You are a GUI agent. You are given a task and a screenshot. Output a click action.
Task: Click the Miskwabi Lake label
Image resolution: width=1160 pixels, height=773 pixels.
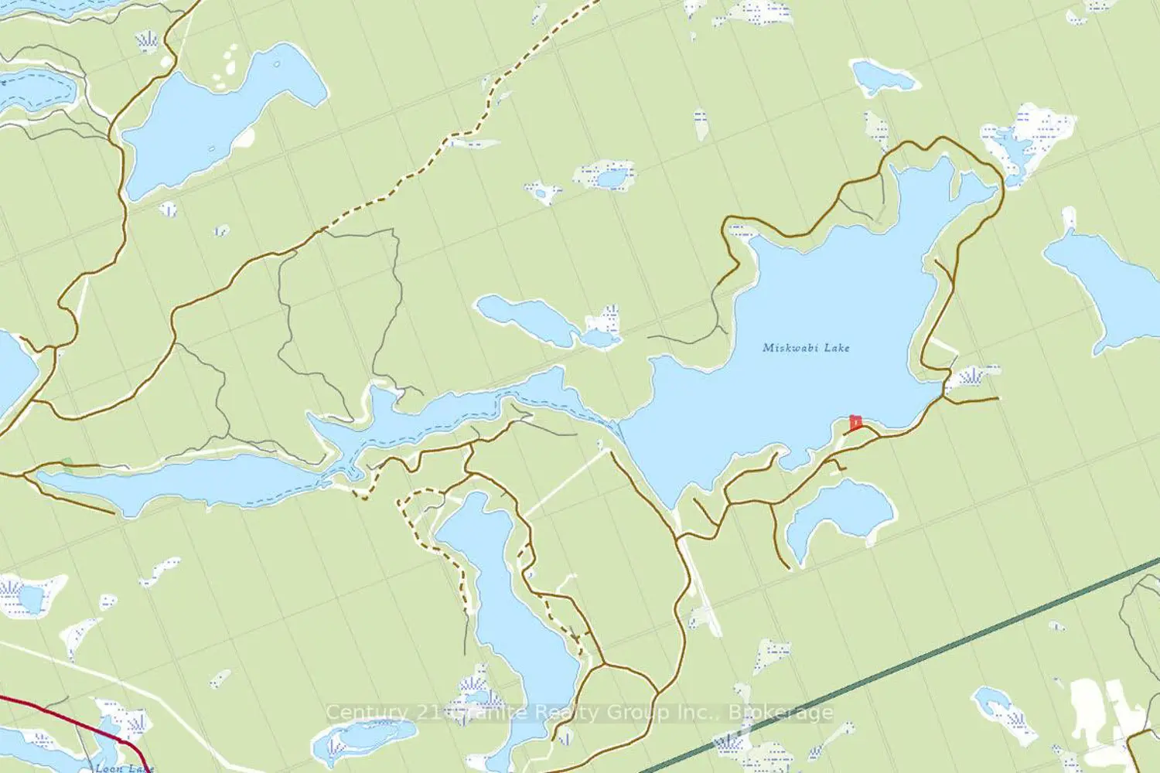[x=806, y=348]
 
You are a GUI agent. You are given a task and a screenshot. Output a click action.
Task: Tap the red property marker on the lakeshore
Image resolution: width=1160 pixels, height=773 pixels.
[x=855, y=423]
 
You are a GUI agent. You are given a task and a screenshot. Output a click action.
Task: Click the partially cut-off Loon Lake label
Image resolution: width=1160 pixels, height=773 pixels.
[x=124, y=768]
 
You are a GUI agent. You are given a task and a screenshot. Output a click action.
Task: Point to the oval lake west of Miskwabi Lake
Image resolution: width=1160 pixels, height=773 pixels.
[x=526, y=317]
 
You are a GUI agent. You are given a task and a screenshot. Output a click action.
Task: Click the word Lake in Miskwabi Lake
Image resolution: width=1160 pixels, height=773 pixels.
[x=837, y=348]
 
